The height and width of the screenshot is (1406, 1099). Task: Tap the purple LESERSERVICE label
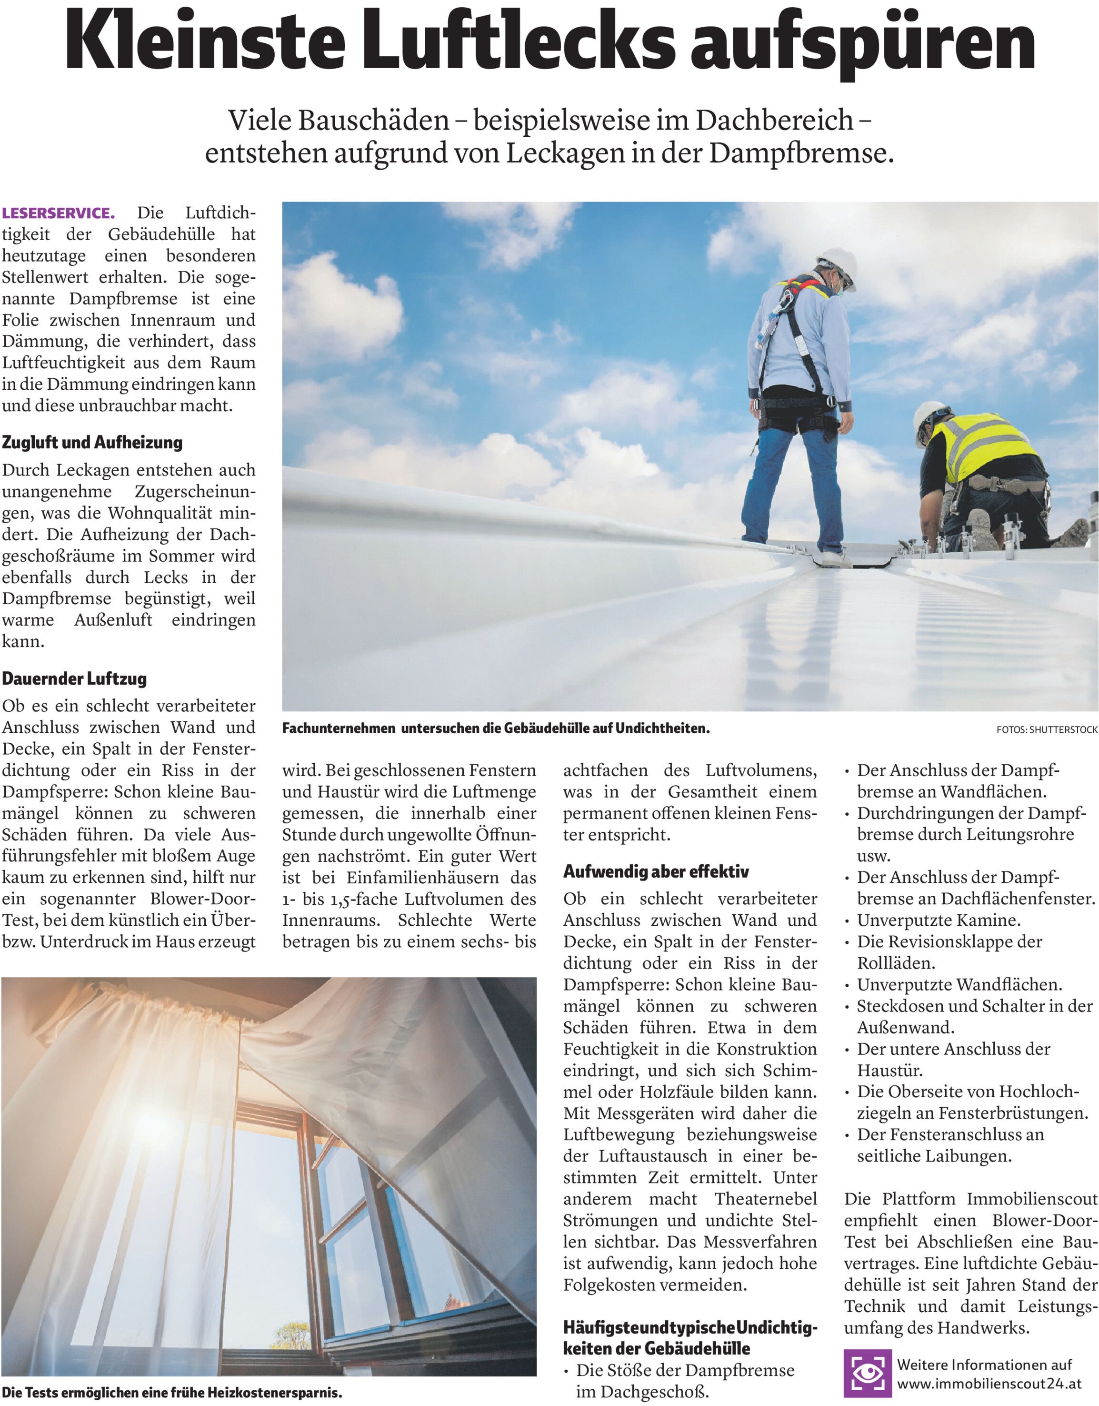click(x=59, y=213)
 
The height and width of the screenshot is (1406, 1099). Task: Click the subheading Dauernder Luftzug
click(x=74, y=678)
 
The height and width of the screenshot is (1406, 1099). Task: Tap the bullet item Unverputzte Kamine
click(x=938, y=920)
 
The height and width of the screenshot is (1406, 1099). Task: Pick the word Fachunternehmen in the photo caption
click(x=339, y=729)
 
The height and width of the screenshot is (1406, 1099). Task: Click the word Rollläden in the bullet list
click(x=895, y=963)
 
